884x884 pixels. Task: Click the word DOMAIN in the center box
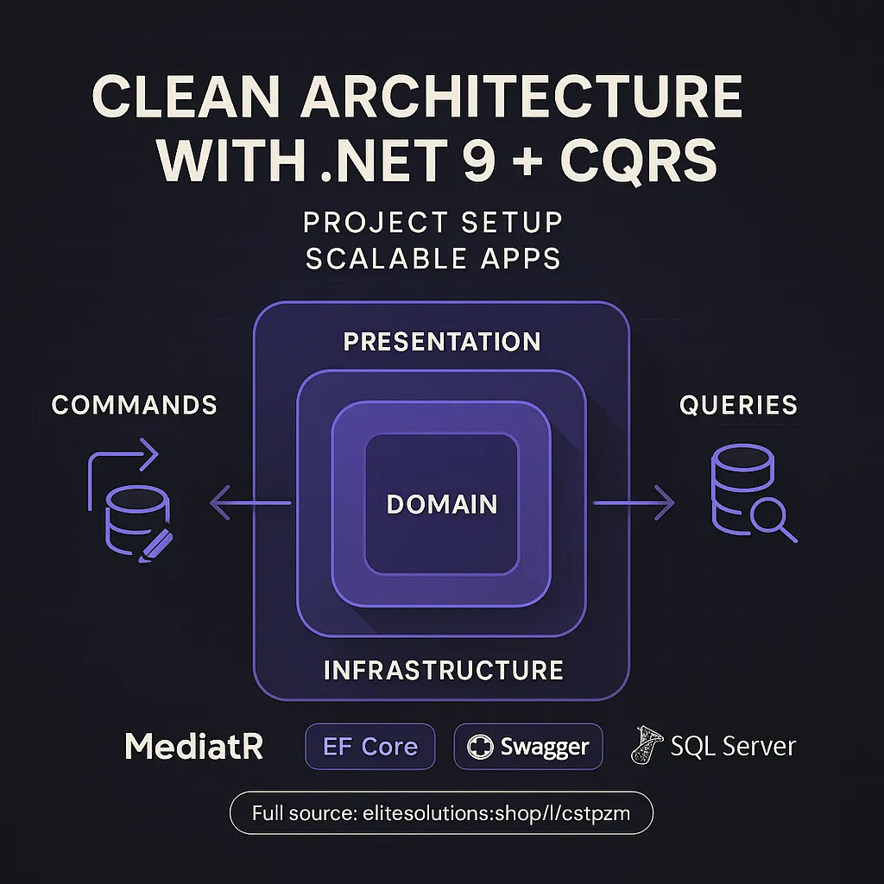click(442, 504)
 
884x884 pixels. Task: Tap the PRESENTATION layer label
click(442, 341)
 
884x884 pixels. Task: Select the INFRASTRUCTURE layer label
click(443, 670)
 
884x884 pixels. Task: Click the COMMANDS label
click(135, 405)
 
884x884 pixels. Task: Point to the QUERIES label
click(738, 405)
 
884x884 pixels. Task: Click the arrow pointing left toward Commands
click(250, 502)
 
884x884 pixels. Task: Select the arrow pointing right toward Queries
click(635, 502)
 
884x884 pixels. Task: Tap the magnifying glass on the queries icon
click(771, 521)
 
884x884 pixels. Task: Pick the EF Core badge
click(370, 747)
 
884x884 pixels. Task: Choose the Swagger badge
click(528, 747)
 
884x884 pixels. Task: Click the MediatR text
click(193, 747)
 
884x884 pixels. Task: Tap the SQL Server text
click(733, 747)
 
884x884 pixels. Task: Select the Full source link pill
click(441, 812)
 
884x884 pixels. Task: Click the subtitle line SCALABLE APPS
click(433, 258)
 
